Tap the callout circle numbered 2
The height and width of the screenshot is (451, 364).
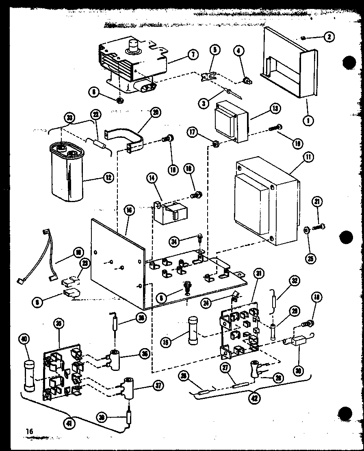coord(328,37)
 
